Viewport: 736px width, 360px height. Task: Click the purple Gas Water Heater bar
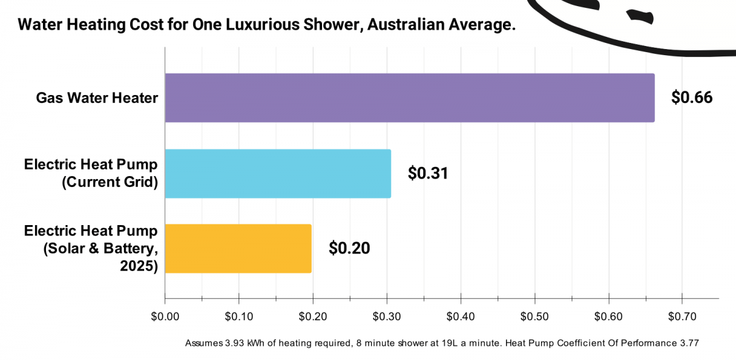coord(409,98)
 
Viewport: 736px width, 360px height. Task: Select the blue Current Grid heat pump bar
coord(277,174)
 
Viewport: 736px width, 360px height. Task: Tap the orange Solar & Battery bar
coord(238,248)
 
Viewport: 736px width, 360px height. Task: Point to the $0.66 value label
coord(692,98)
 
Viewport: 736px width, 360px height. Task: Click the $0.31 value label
coord(428,174)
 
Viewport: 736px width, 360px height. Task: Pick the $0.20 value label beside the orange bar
coord(349,248)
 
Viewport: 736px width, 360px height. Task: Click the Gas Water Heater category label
coord(97,98)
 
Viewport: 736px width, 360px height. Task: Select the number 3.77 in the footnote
coord(688,342)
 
